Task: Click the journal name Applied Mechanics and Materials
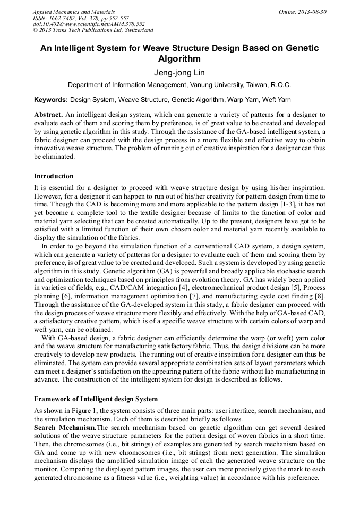(74, 12)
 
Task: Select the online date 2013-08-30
(310, 12)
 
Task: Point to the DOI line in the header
(89, 24)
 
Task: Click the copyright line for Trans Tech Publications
(93, 31)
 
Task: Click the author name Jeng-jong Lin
(179, 73)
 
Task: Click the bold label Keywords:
(51, 100)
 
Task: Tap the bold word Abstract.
(48, 115)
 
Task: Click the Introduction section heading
(54, 176)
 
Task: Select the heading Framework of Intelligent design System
(96, 399)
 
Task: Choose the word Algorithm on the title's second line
(179, 59)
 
